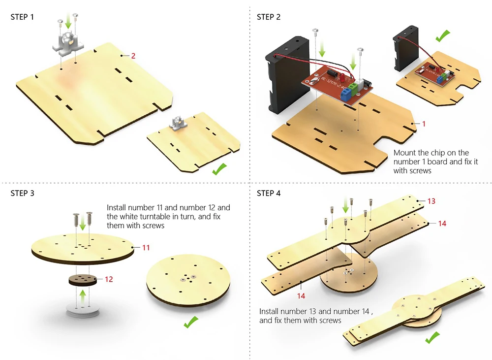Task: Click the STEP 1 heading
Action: [x=23, y=17]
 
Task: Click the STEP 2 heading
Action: [x=269, y=17]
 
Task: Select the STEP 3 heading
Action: [x=23, y=193]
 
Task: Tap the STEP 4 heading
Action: [x=269, y=193]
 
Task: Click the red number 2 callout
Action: [x=133, y=56]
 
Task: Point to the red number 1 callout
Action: [x=424, y=124]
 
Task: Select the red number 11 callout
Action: [x=146, y=248]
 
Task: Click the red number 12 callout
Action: [x=109, y=279]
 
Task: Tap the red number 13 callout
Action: [x=431, y=201]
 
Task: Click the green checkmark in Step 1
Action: [x=219, y=170]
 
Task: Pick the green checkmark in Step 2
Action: [x=442, y=35]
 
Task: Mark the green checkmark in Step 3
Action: [x=190, y=323]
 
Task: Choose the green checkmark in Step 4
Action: [x=432, y=338]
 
